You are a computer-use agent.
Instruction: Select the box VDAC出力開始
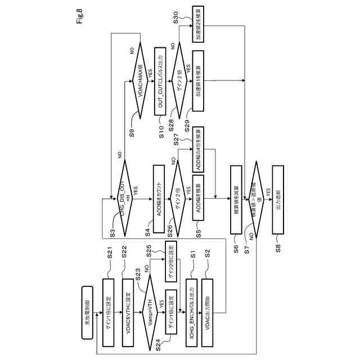click(208, 304)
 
